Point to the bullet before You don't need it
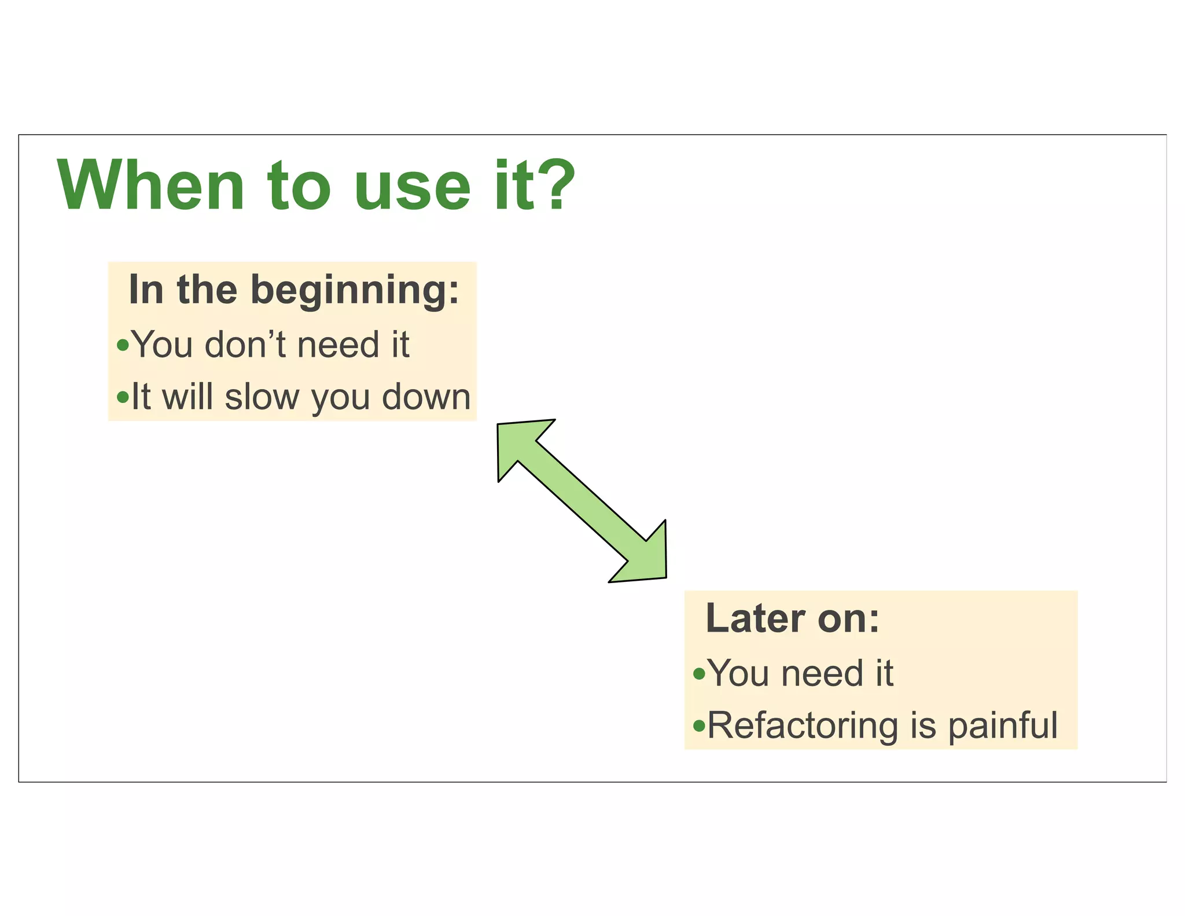tap(122, 346)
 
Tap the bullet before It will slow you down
tap(122, 397)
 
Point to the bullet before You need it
tap(699, 673)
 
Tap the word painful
tap(1003, 726)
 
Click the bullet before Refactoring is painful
tap(699, 725)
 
